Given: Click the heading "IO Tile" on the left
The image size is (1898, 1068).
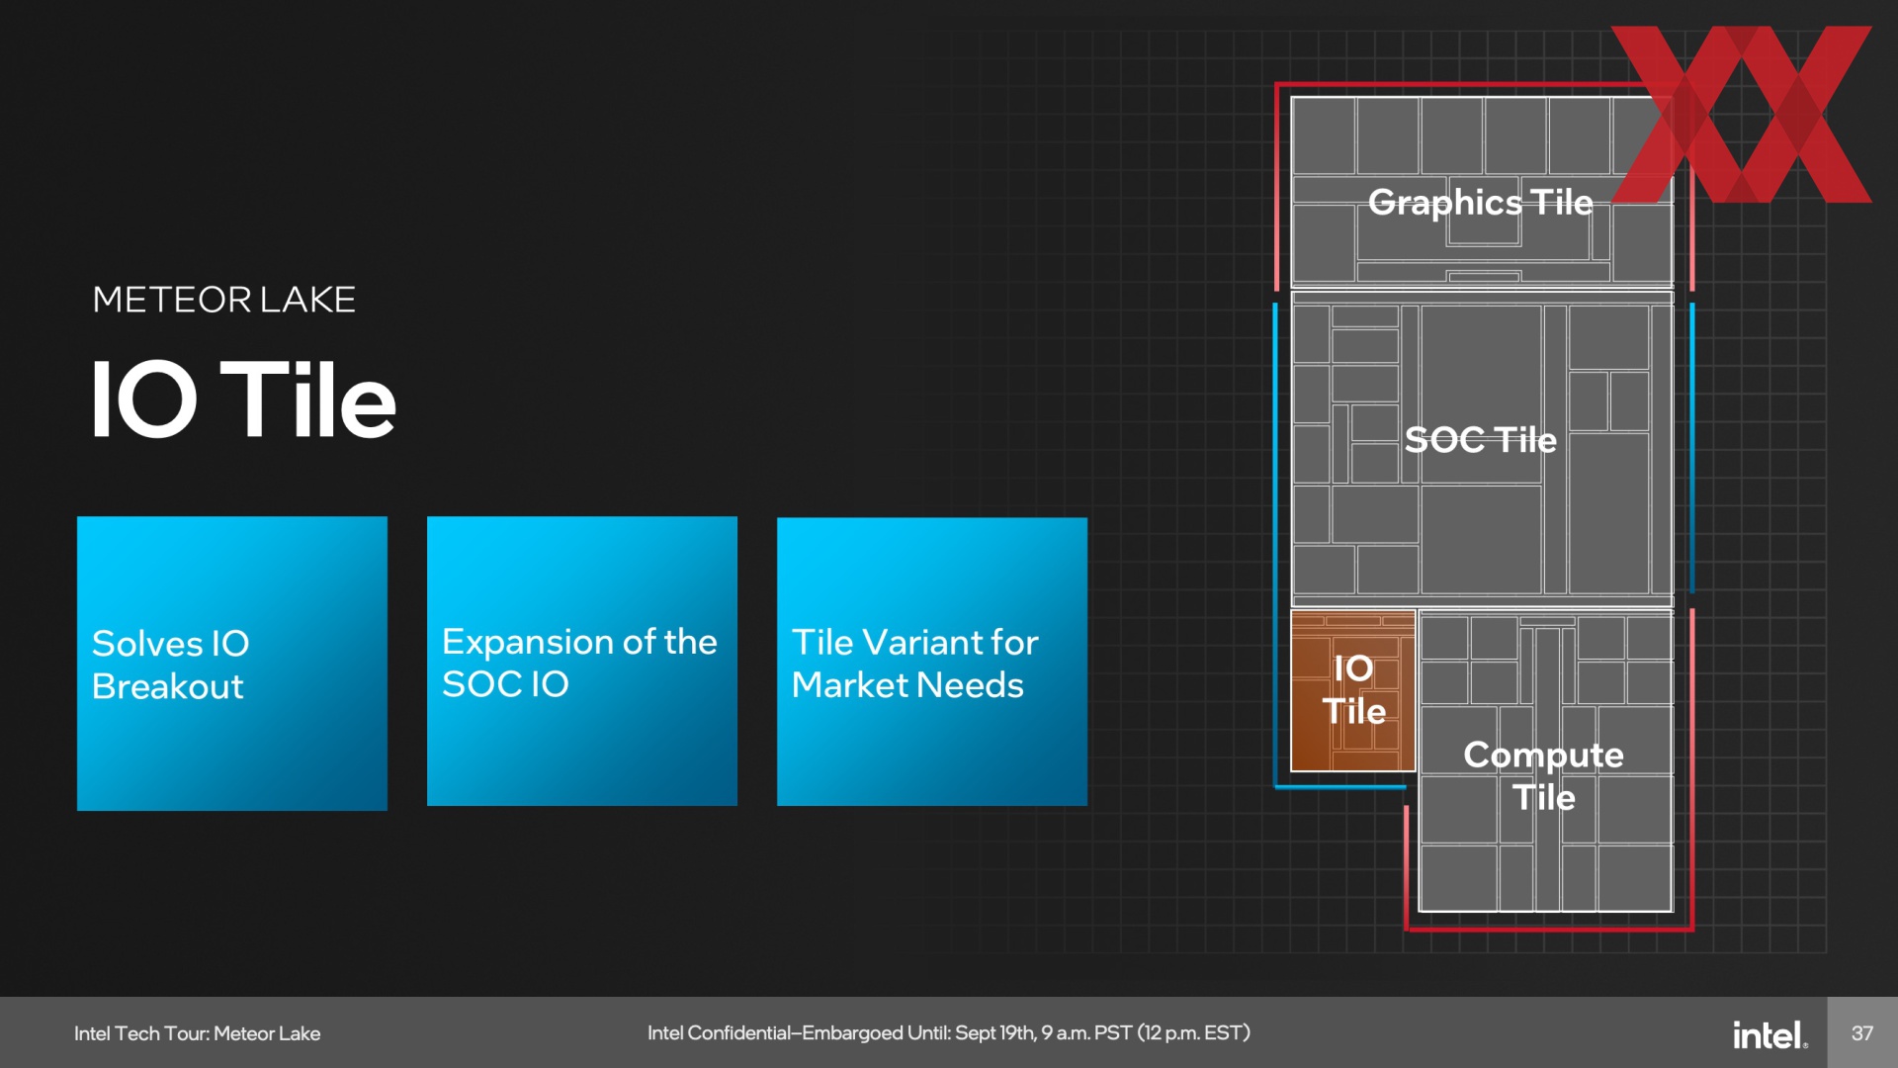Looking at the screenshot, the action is pyautogui.click(x=243, y=400).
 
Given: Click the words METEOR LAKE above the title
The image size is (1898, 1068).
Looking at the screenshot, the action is pyautogui.click(x=224, y=300).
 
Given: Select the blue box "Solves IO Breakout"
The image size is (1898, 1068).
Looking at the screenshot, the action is pyautogui.click(x=232, y=664).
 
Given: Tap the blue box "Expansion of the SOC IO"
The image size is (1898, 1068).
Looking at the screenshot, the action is pyautogui.click(x=582, y=661).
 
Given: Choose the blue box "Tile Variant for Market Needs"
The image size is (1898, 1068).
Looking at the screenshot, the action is pyautogui.click(x=932, y=662).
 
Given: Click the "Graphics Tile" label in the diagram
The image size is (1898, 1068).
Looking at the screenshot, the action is pyautogui.click(x=1481, y=203).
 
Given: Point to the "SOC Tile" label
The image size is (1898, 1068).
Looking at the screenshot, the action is pyautogui.click(x=1481, y=439).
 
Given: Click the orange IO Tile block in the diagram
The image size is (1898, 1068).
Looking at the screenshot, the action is pyautogui.click(x=1353, y=690).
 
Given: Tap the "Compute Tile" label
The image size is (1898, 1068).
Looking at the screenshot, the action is pyautogui.click(x=1544, y=775).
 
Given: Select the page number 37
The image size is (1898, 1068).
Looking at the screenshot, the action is pyautogui.click(x=1862, y=1033).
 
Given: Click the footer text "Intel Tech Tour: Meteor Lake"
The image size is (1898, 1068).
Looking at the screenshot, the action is pyautogui.click(x=198, y=1033).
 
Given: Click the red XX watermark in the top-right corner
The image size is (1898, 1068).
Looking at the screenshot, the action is pyautogui.click(x=1742, y=114).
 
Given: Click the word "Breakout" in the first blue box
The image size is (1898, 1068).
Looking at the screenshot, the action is pyautogui.click(x=168, y=686).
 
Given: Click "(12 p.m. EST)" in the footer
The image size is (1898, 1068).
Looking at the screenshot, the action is pyautogui.click(x=1194, y=1033).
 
